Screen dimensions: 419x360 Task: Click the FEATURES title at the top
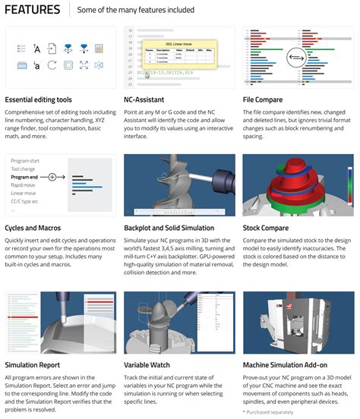[x=33, y=11]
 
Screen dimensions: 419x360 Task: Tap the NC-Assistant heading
[x=146, y=100]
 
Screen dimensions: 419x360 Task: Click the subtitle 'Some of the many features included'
[x=136, y=11]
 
